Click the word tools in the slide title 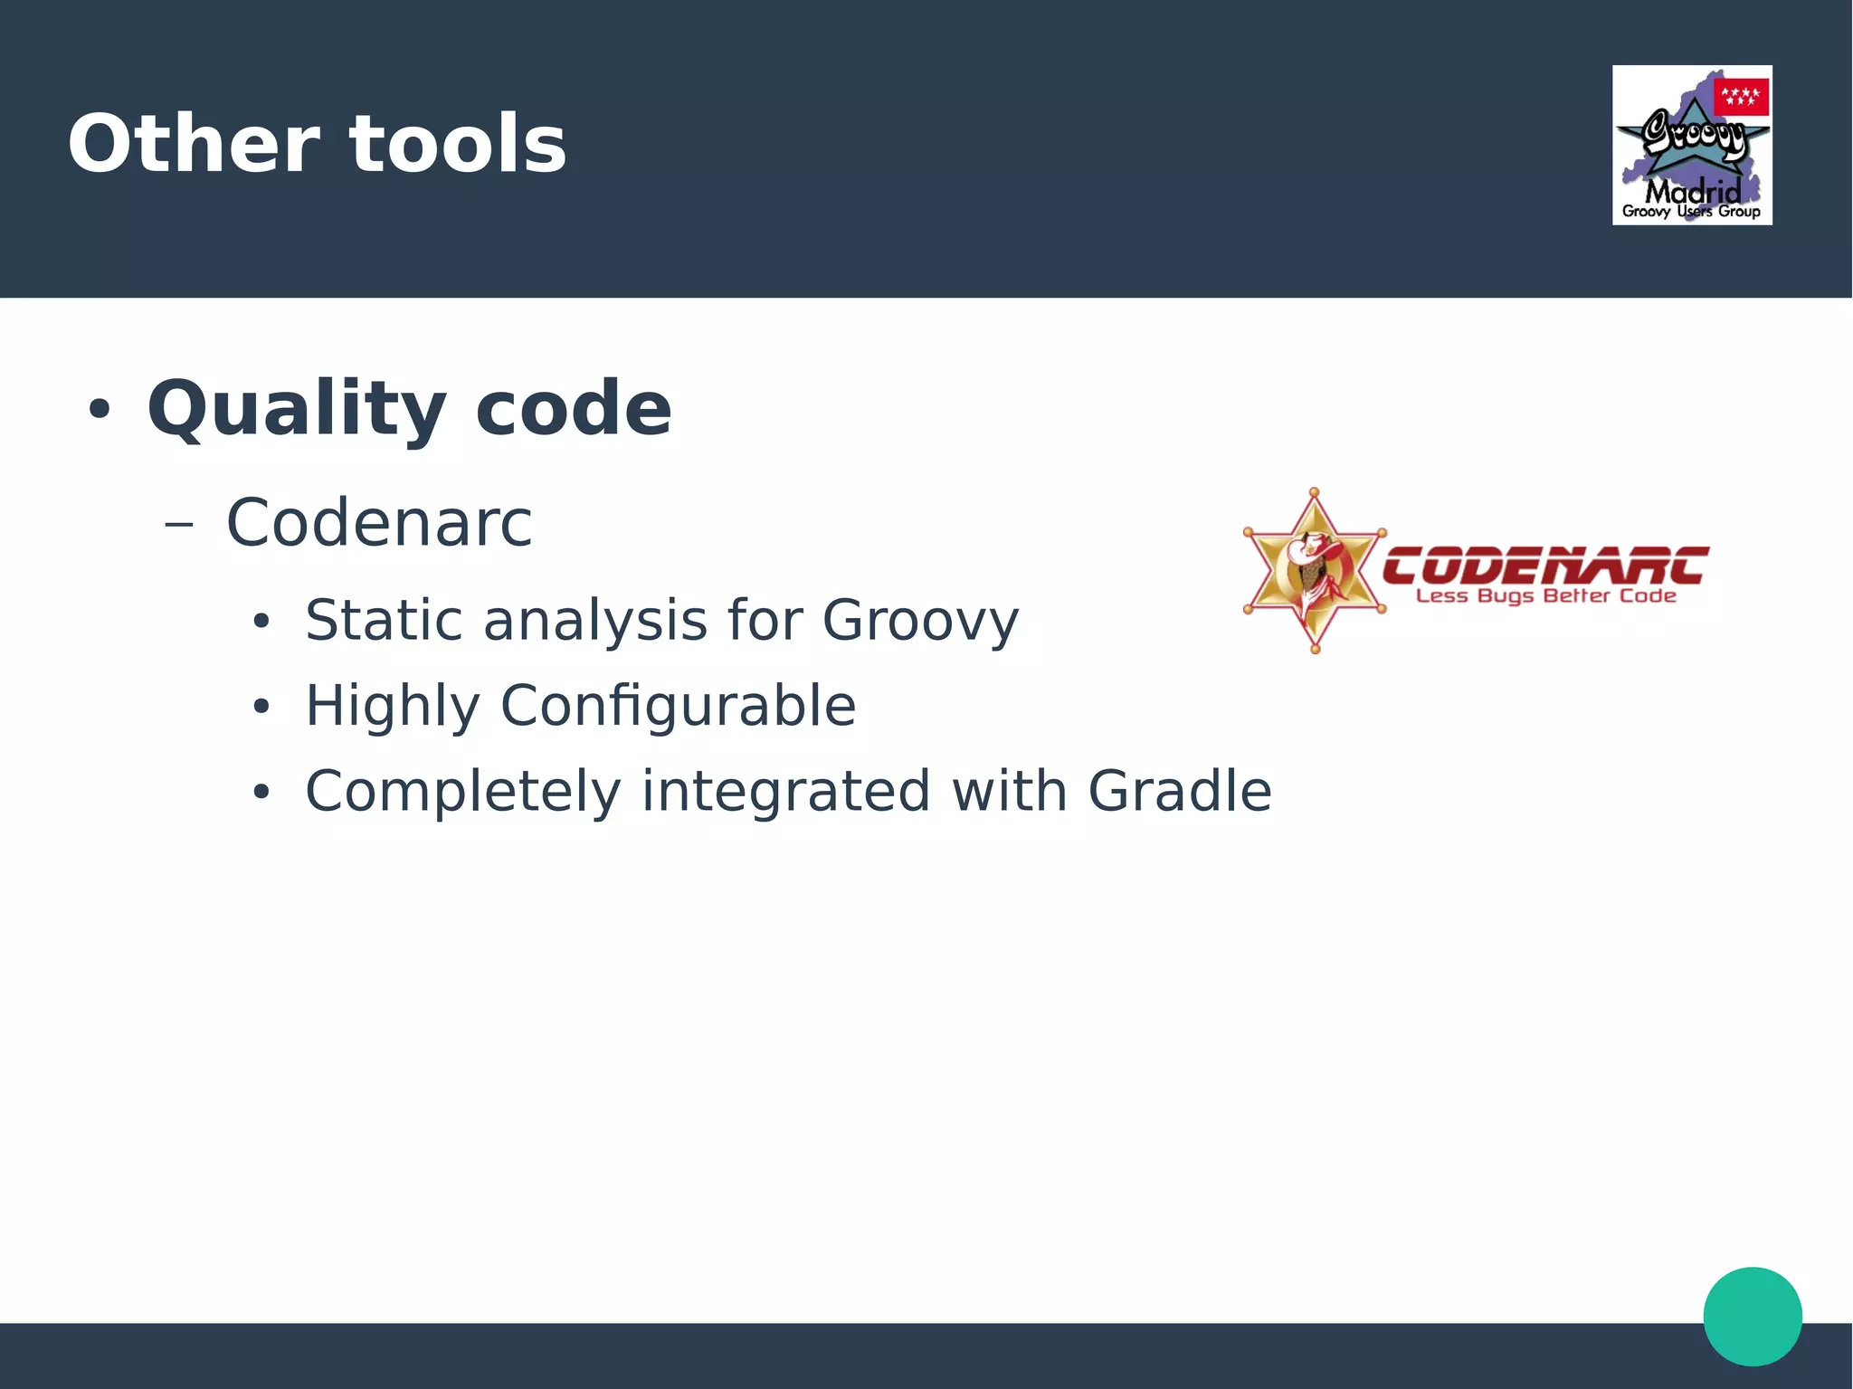point(458,145)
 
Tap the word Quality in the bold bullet point(296,410)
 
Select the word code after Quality point(573,408)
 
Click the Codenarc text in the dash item point(379,523)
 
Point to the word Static point(383,621)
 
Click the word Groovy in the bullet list point(920,623)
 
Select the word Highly point(392,707)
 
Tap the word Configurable point(678,707)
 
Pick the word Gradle point(1179,791)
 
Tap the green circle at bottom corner point(1752,1316)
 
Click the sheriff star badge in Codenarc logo point(1315,570)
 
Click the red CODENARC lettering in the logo point(1545,566)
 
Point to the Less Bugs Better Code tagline point(1545,596)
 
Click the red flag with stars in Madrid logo point(1741,96)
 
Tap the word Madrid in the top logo point(1692,192)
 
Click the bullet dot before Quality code point(99,409)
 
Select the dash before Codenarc point(179,524)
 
